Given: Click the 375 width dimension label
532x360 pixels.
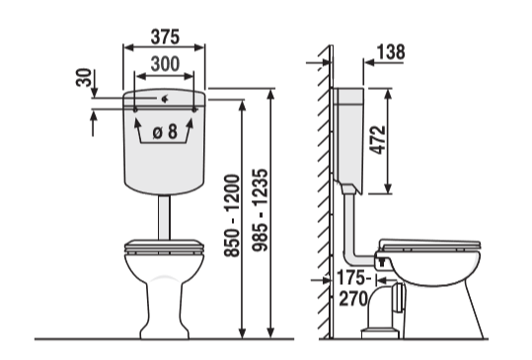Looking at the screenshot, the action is [x=165, y=36].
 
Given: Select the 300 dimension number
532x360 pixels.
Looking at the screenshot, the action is [x=165, y=64].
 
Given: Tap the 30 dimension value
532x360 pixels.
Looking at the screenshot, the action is [x=84, y=78].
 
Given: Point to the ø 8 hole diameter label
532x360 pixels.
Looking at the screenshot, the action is [x=165, y=131].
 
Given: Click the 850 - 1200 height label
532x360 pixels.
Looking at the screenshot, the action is [x=232, y=216].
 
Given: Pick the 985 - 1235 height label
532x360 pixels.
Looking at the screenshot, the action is [x=261, y=210].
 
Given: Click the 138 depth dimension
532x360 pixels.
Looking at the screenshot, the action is [x=391, y=52].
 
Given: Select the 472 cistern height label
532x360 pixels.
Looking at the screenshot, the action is [x=378, y=140].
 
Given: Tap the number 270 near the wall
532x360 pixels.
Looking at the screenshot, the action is [x=353, y=299].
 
